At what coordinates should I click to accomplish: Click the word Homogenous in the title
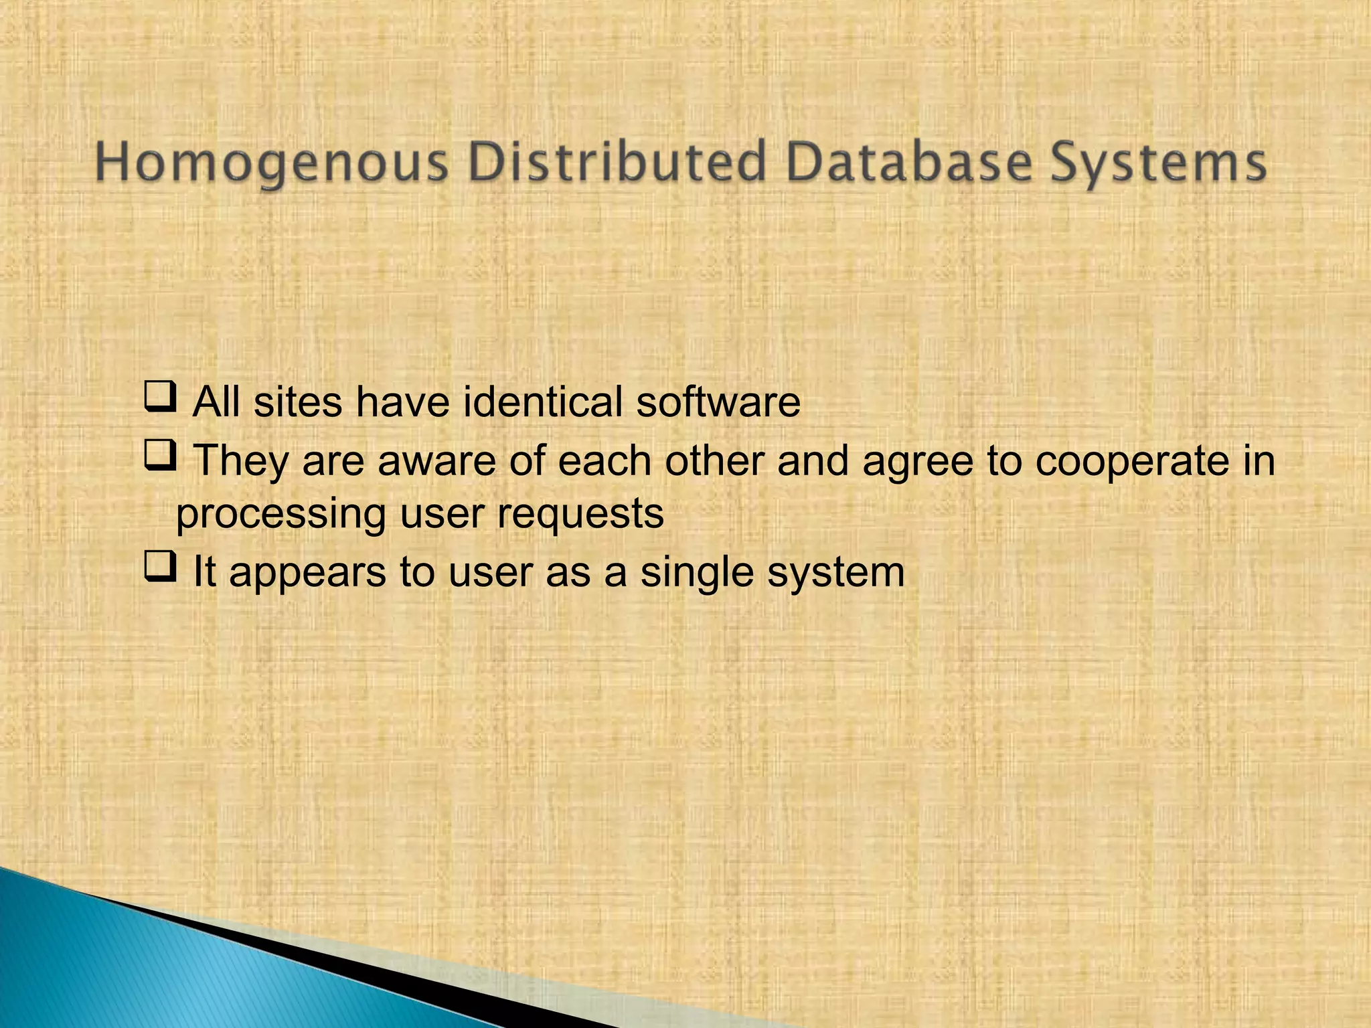[x=271, y=163]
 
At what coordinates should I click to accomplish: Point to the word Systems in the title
[x=1157, y=163]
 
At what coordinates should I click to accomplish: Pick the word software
[x=718, y=402]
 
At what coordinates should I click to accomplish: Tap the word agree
[x=918, y=462]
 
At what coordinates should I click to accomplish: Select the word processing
[x=281, y=515]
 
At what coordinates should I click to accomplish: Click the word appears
[x=308, y=574]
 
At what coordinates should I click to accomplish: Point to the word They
[x=240, y=462]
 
